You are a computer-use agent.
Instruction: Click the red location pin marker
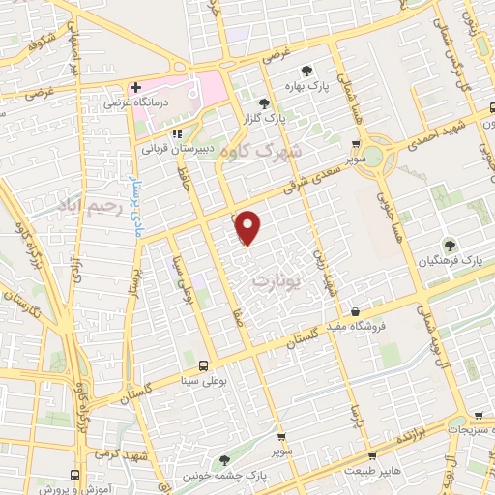(x=248, y=227)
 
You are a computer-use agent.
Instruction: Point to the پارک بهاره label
(x=324, y=84)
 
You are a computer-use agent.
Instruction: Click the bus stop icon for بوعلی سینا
(x=203, y=365)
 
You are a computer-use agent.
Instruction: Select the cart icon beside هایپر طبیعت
(x=372, y=455)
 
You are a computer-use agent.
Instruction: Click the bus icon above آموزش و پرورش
(x=75, y=475)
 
